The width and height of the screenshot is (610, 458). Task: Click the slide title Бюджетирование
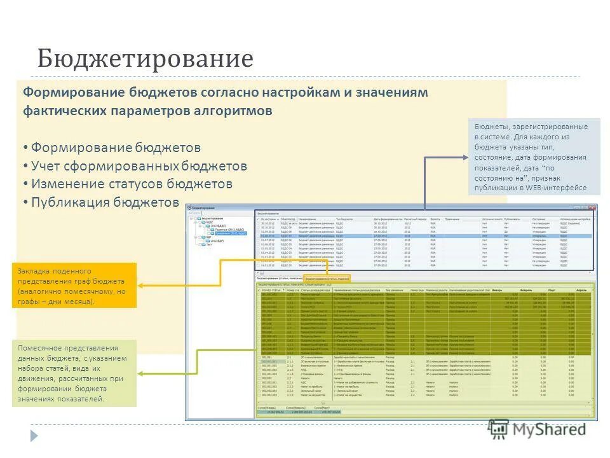[x=145, y=59]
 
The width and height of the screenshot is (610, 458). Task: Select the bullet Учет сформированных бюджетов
[x=139, y=166]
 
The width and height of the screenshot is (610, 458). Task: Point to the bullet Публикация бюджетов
[x=105, y=202]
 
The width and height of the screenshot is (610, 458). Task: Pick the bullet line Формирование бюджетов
[x=116, y=148]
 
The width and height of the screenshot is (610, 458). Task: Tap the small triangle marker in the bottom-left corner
[x=34, y=436]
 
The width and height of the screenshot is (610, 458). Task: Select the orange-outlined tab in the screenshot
[x=327, y=279]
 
